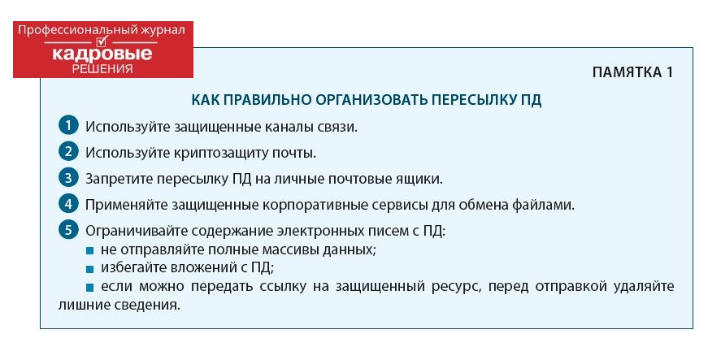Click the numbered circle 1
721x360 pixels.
click(x=68, y=126)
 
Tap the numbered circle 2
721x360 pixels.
click(x=68, y=152)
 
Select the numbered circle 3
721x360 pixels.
click(x=68, y=178)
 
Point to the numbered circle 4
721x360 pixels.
click(x=68, y=204)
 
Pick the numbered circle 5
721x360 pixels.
click(x=68, y=230)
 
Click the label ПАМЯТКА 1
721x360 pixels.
click(x=632, y=72)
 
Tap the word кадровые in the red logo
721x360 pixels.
click(x=102, y=54)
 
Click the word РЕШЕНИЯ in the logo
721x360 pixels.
click(x=102, y=69)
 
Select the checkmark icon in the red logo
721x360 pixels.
click(x=102, y=41)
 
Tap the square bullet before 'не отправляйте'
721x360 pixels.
click(x=89, y=251)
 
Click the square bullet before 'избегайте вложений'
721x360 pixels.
click(x=89, y=268)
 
